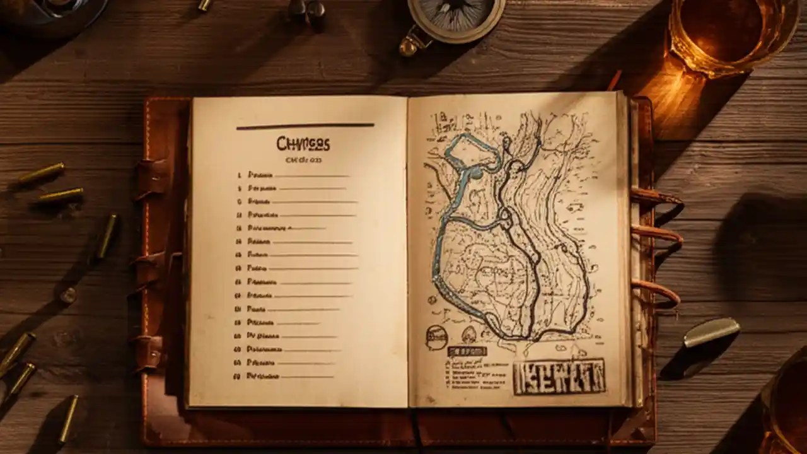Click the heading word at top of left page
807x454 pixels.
(x=303, y=144)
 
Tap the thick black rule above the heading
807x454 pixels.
(x=305, y=126)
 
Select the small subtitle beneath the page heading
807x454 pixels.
(x=303, y=160)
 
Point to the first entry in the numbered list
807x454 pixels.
(x=260, y=175)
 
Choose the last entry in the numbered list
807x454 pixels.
(x=264, y=376)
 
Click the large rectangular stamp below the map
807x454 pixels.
(x=559, y=376)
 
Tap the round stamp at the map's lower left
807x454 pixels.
(x=436, y=337)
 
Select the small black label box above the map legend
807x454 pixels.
(x=467, y=351)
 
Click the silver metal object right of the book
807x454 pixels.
(x=711, y=332)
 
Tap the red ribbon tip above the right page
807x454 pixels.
(x=614, y=81)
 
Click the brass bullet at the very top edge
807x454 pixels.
(x=205, y=5)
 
